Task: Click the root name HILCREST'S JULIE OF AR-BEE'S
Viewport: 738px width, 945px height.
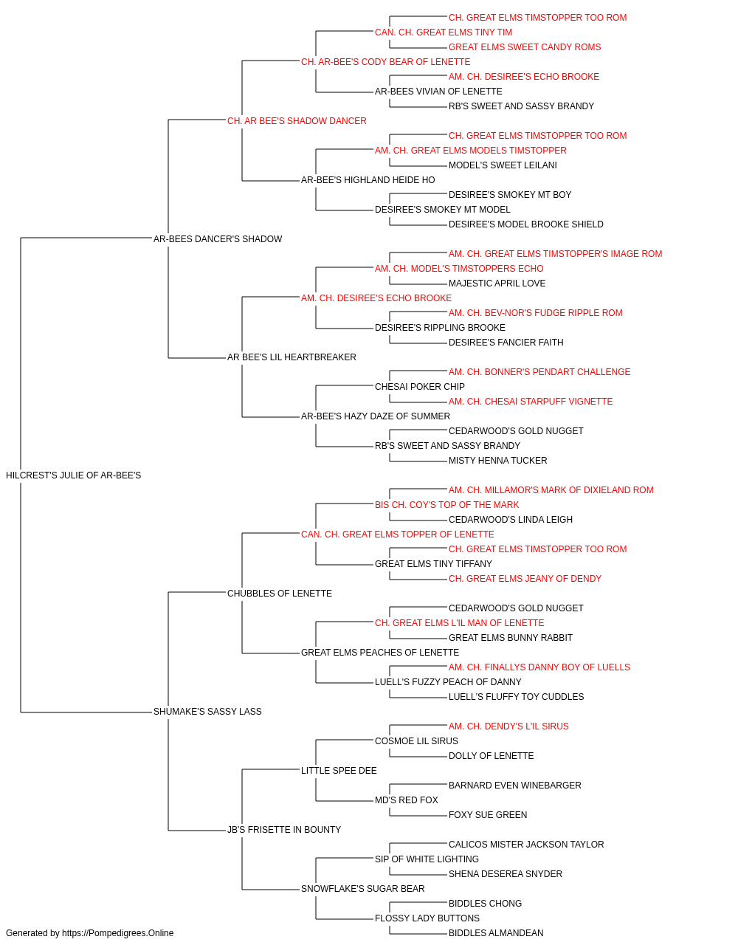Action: point(74,475)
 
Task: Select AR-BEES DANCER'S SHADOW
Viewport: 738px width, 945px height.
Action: point(218,238)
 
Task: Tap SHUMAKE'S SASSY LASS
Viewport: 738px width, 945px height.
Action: point(207,712)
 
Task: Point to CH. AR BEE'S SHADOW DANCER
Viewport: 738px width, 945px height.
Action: point(297,121)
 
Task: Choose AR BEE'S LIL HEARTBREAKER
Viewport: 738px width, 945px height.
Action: point(292,357)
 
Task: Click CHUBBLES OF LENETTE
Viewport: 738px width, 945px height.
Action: point(280,593)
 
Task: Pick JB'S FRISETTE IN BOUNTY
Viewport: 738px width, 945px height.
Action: point(284,829)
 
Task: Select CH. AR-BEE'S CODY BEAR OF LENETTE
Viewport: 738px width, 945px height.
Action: point(385,62)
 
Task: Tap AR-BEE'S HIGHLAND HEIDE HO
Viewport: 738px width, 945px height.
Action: point(368,180)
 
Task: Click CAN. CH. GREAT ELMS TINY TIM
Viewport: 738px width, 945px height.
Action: point(444,32)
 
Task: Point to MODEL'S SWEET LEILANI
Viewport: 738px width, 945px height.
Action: point(503,165)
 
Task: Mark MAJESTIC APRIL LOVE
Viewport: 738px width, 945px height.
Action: point(497,283)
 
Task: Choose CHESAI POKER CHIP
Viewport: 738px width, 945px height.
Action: point(419,387)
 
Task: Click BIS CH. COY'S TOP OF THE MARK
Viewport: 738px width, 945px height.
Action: point(446,504)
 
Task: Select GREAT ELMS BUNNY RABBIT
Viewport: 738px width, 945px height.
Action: point(510,638)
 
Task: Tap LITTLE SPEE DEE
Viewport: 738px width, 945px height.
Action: point(339,771)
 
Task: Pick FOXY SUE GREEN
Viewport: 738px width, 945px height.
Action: point(488,814)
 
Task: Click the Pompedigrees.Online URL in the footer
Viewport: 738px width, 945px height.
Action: point(117,933)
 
